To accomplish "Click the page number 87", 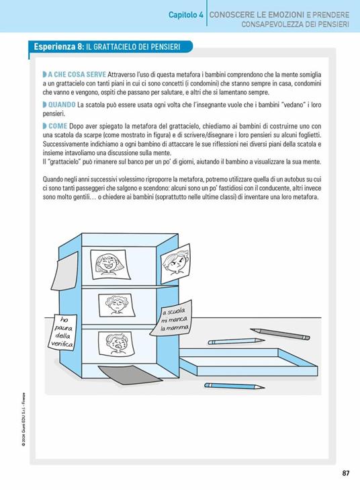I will [x=345, y=473].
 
